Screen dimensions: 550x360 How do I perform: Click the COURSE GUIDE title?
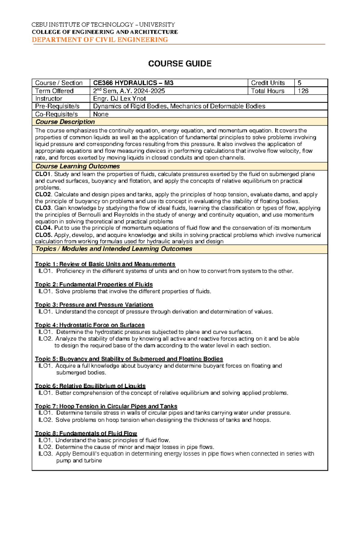(180, 64)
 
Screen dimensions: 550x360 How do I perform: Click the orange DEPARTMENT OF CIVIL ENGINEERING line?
(100, 40)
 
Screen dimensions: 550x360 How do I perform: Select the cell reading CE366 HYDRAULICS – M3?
(133, 83)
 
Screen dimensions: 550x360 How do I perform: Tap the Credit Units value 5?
(299, 83)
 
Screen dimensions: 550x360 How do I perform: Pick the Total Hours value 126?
(303, 91)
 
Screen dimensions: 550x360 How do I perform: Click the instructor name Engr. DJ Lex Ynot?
(119, 99)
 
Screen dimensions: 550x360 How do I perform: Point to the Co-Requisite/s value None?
(101, 114)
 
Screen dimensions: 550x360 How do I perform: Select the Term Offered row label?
(54, 91)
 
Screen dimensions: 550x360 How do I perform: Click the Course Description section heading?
(65, 122)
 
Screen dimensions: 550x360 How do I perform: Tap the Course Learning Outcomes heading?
(77, 166)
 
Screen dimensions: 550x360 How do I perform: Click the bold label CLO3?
(43, 208)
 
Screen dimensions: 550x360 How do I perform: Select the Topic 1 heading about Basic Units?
(105, 264)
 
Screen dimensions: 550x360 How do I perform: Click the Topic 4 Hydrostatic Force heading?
(90, 325)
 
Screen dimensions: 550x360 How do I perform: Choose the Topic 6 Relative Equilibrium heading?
(90, 386)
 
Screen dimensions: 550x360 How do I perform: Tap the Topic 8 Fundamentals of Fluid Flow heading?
(86, 433)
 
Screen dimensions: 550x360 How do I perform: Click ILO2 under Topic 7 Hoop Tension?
(46, 420)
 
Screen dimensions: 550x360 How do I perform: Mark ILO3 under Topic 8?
(46, 454)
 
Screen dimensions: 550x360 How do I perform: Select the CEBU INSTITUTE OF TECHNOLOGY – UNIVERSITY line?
(103, 25)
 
